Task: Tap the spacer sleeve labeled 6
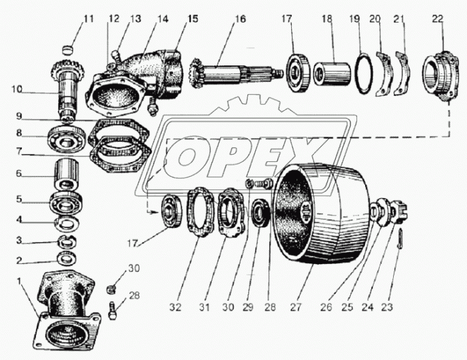67,175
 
